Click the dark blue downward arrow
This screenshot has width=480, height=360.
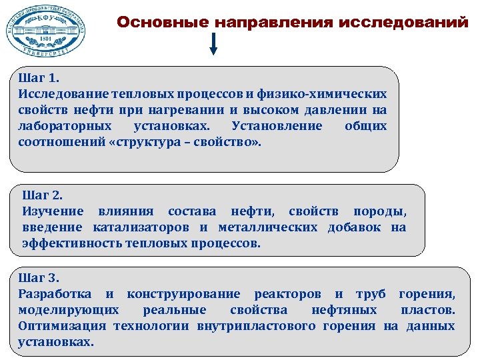point(213,45)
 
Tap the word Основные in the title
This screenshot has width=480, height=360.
point(163,22)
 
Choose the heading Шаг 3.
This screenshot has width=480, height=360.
point(39,277)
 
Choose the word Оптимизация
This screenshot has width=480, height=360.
point(63,326)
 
